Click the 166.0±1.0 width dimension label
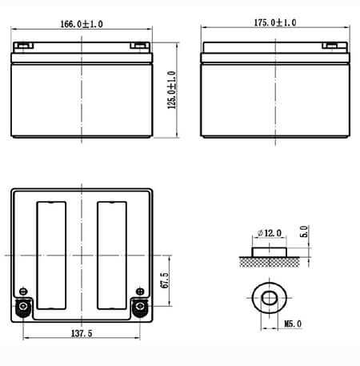pos(82,24)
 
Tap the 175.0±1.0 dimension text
pos(275,22)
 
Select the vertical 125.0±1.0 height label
pos(172,90)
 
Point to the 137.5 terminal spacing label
pos(82,333)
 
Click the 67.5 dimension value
pos(165,280)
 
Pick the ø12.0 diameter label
pos(270,233)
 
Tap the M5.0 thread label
pos(293,324)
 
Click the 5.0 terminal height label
pos(304,231)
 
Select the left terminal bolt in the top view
pos(23,306)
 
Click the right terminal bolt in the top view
pos(140,306)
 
